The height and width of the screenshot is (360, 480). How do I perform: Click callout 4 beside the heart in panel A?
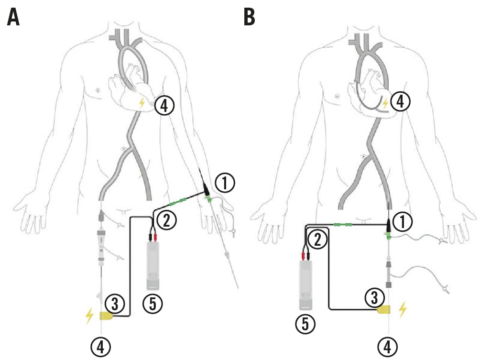(x=164, y=106)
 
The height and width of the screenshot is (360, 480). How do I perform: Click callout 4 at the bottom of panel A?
(x=103, y=346)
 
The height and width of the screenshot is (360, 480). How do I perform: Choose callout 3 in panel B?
(x=374, y=297)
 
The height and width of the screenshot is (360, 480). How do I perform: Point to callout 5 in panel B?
(x=306, y=325)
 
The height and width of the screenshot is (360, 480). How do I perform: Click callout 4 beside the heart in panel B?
(x=400, y=101)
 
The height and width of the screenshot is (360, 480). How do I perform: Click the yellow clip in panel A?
(x=106, y=316)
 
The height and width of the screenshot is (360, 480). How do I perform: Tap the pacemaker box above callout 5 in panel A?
(x=153, y=265)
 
